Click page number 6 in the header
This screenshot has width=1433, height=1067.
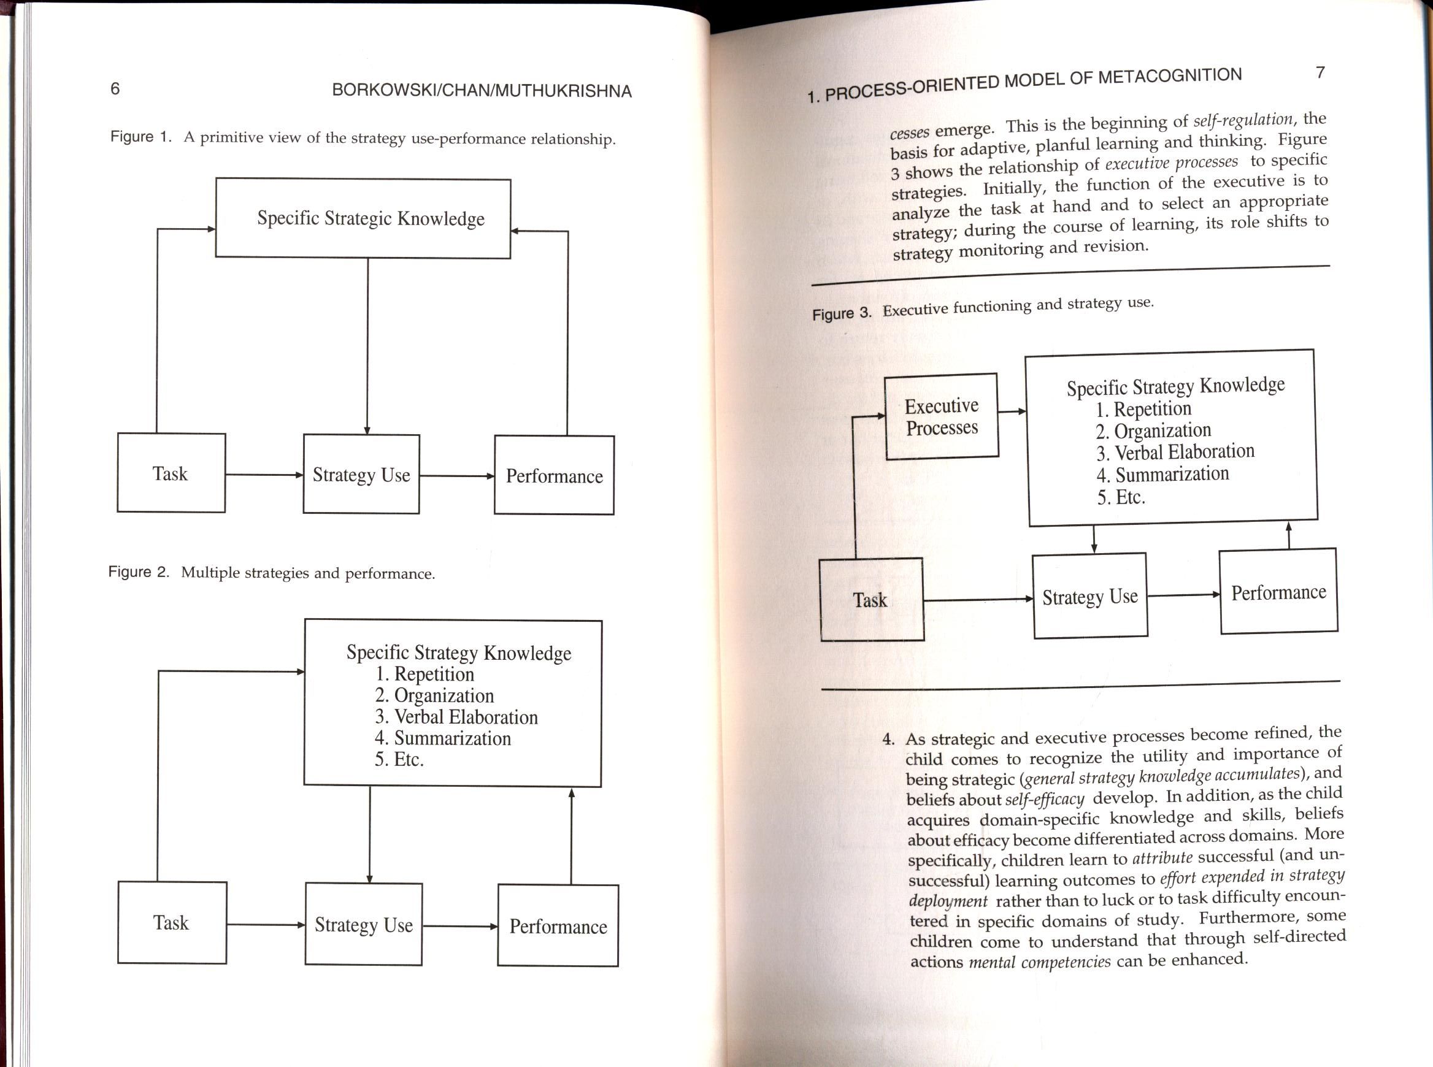pyautogui.click(x=115, y=88)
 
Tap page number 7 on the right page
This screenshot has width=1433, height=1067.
pyautogui.click(x=1320, y=72)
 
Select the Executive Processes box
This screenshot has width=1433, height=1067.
pyautogui.click(x=942, y=416)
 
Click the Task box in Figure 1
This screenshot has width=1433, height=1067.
pyautogui.click(x=171, y=473)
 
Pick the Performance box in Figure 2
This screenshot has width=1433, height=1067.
pyautogui.click(x=558, y=925)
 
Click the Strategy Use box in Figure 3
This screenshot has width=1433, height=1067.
pyautogui.click(x=1090, y=596)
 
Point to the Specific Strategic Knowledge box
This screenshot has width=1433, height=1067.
pyautogui.click(x=363, y=218)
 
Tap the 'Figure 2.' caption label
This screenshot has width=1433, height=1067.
pyautogui.click(x=138, y=572)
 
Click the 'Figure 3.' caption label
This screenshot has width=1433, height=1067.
pyautogui.click(x=841, y=313)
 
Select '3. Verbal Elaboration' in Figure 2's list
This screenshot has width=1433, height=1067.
pyautogui.click(x=456, y=717)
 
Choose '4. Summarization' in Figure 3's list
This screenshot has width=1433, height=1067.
pyautogui.click(x=1162, y=475)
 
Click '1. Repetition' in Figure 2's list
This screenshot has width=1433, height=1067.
pyautogui.click(x=425, y=675)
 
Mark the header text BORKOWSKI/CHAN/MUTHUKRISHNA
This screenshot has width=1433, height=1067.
pyautogui.click(x=482, y=90)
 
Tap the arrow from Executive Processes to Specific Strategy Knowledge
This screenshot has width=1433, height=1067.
pyautogui.click(x=1012, y=411)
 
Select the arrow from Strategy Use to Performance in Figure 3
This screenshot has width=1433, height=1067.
pyautogui.click(x=1183, y=595)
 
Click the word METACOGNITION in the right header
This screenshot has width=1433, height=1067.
pyautogui.click(x=1169, y=77)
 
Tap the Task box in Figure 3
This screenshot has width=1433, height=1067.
pyautogui.click(x=870, y=600)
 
